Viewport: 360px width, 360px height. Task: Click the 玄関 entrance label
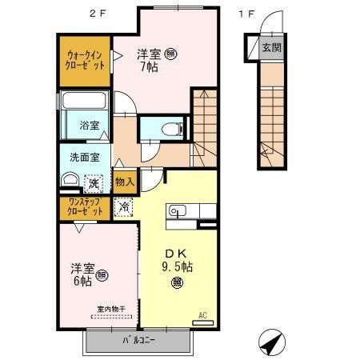(x=271, y=47)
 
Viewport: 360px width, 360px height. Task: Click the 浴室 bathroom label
(x=89, y=126)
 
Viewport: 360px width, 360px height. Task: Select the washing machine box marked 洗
(x=94, y=182)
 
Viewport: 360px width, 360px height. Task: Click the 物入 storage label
(x=124, y=182)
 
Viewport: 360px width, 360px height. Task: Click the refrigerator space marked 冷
(x=124, y=206)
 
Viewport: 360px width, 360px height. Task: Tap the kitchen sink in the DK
(x=177, y=211)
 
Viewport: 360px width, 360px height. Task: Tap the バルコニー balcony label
(x=139, y=342)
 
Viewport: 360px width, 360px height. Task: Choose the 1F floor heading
(x=246, y=12)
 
